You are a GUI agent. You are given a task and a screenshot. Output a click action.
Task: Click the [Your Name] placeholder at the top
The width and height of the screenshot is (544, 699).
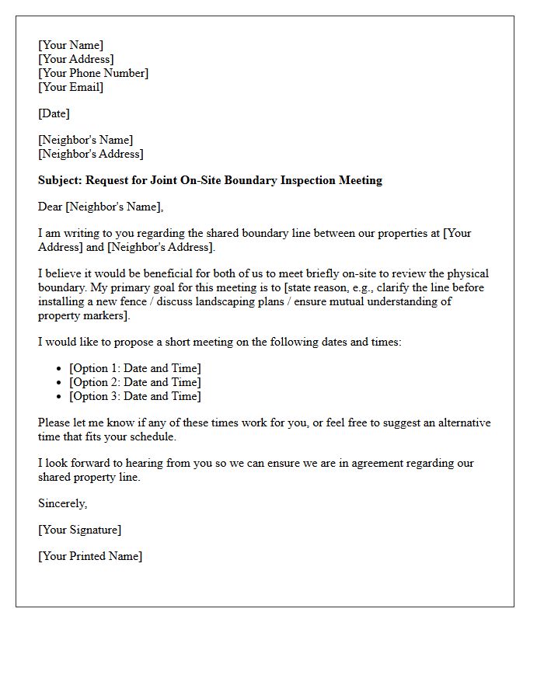click(71, 45)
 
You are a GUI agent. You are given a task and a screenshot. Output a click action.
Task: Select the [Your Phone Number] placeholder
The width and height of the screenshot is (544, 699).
click(93, 73)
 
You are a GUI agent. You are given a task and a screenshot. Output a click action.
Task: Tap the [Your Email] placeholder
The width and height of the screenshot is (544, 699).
click(71, 87)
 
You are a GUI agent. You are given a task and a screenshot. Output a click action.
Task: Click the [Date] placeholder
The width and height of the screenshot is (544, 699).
click(54, 113)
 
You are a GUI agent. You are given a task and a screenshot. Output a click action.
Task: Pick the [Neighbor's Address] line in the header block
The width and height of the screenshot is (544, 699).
click(90, 154)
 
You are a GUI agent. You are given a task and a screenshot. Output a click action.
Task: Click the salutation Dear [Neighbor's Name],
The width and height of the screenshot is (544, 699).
click(101, 207)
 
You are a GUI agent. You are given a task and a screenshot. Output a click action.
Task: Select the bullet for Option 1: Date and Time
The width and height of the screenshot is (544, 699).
click(61, 368)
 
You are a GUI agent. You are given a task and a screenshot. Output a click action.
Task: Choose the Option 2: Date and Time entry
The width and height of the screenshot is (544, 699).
click(134, 382)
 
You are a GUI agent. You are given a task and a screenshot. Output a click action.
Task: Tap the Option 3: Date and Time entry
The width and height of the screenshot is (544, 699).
click(134, 396)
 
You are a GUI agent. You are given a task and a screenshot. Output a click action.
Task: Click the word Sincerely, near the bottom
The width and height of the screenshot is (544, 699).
click(63, 503)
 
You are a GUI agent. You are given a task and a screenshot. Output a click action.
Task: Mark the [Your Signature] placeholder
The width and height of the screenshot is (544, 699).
click(79, 530)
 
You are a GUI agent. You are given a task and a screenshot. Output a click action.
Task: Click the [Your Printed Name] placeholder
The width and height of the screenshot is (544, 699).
click(90, 556)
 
